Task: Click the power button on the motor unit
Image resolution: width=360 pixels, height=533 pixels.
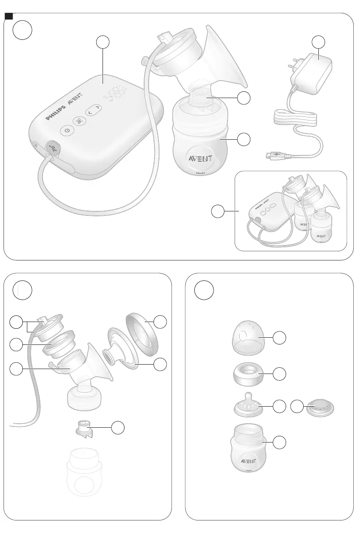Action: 67,130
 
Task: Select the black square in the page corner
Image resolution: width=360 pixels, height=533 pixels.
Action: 7,17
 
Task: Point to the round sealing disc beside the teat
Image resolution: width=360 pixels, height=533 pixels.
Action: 319,408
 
